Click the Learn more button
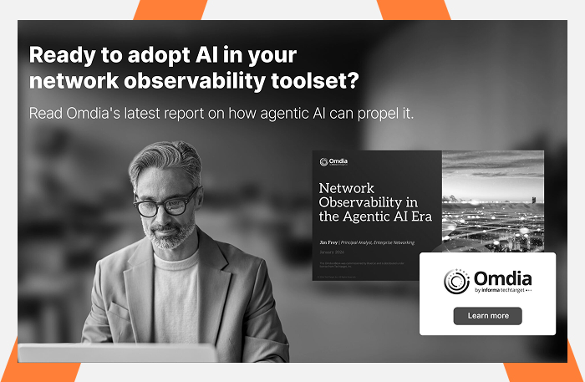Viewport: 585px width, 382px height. [487, 315]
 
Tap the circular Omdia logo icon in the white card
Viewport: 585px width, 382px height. [456, 282]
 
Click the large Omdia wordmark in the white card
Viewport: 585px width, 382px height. [502, 278]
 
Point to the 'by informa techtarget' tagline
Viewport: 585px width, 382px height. [502, 291]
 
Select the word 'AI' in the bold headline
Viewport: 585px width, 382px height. [203, 56]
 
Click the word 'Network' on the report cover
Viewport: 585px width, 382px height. [347, 188]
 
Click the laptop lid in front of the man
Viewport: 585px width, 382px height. [117, 352]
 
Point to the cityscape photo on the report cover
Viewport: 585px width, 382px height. [492, 201]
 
